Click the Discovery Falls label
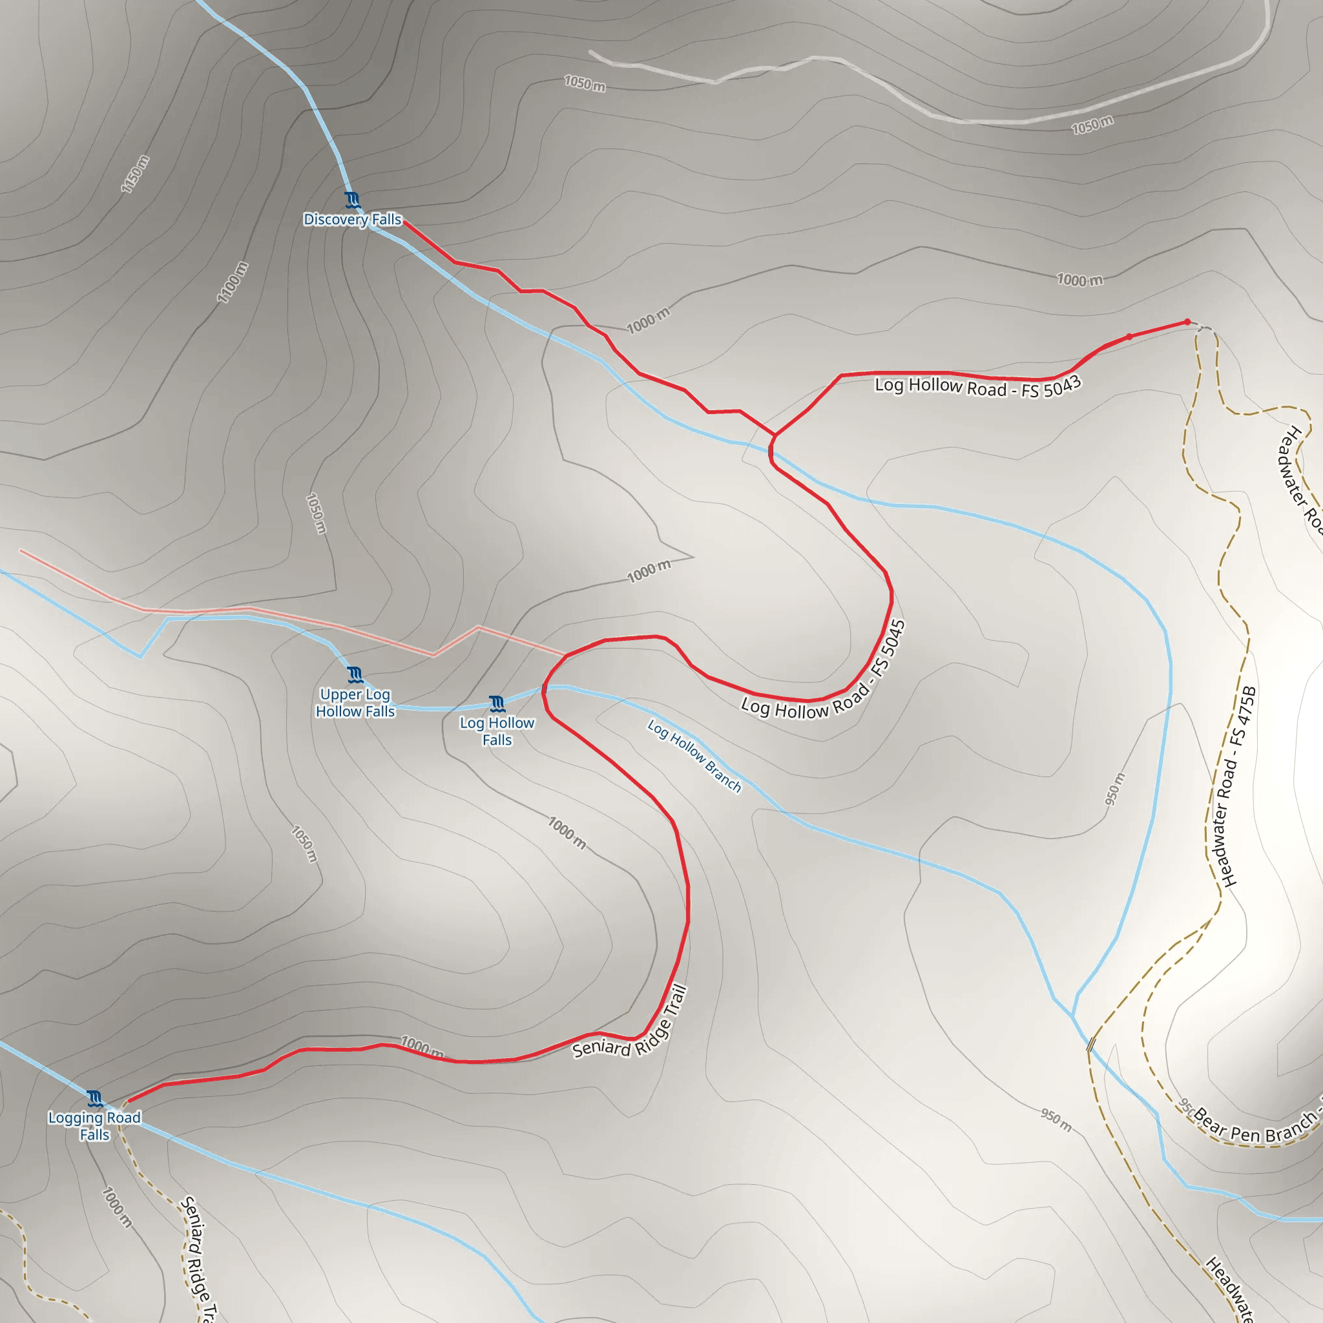click(x=352, y=219)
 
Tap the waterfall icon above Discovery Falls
click(x=353, y=200)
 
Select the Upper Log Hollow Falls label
click(x=355, y=703)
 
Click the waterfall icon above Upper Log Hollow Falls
click(x=355, y=674)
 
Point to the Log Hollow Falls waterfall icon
click(x=497, y=704)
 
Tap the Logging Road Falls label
click(x=94, y=1126)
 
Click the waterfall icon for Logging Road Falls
click(x=95, y=1099)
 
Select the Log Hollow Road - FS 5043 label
click(x=977, y=387)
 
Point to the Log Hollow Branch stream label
click(x=694, y=755)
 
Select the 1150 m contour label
click(x=135, y=174)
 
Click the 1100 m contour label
click(x=232, y=282)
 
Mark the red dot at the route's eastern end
click(x=1187, y=322)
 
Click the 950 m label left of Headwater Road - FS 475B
click(x=1115, y=788)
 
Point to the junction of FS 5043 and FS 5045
click(x=775, y=435)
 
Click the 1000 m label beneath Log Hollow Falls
click(x=567, y=833)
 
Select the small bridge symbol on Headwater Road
click(x=1091, y=1044)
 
